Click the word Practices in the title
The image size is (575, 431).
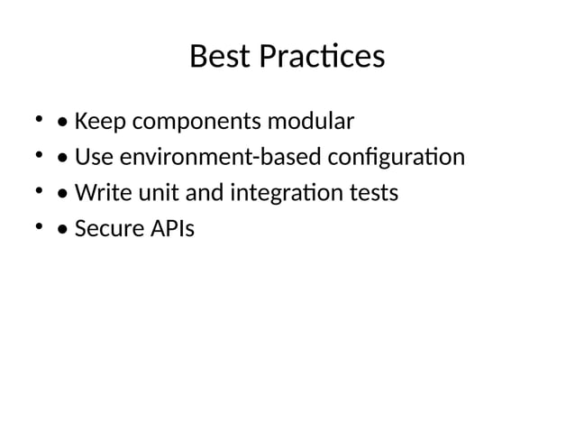coord(322,57)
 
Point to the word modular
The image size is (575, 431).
coord(306,121)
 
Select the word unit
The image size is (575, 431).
coord(153,193)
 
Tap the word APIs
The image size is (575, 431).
coord(173,229)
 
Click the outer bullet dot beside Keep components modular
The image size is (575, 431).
coord(38,120)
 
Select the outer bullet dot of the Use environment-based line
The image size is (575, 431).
coord(38,156)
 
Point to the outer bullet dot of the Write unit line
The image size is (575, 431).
coord(38,192)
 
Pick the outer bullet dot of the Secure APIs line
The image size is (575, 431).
coord(38,228)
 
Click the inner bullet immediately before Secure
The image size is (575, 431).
coord(62,230)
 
